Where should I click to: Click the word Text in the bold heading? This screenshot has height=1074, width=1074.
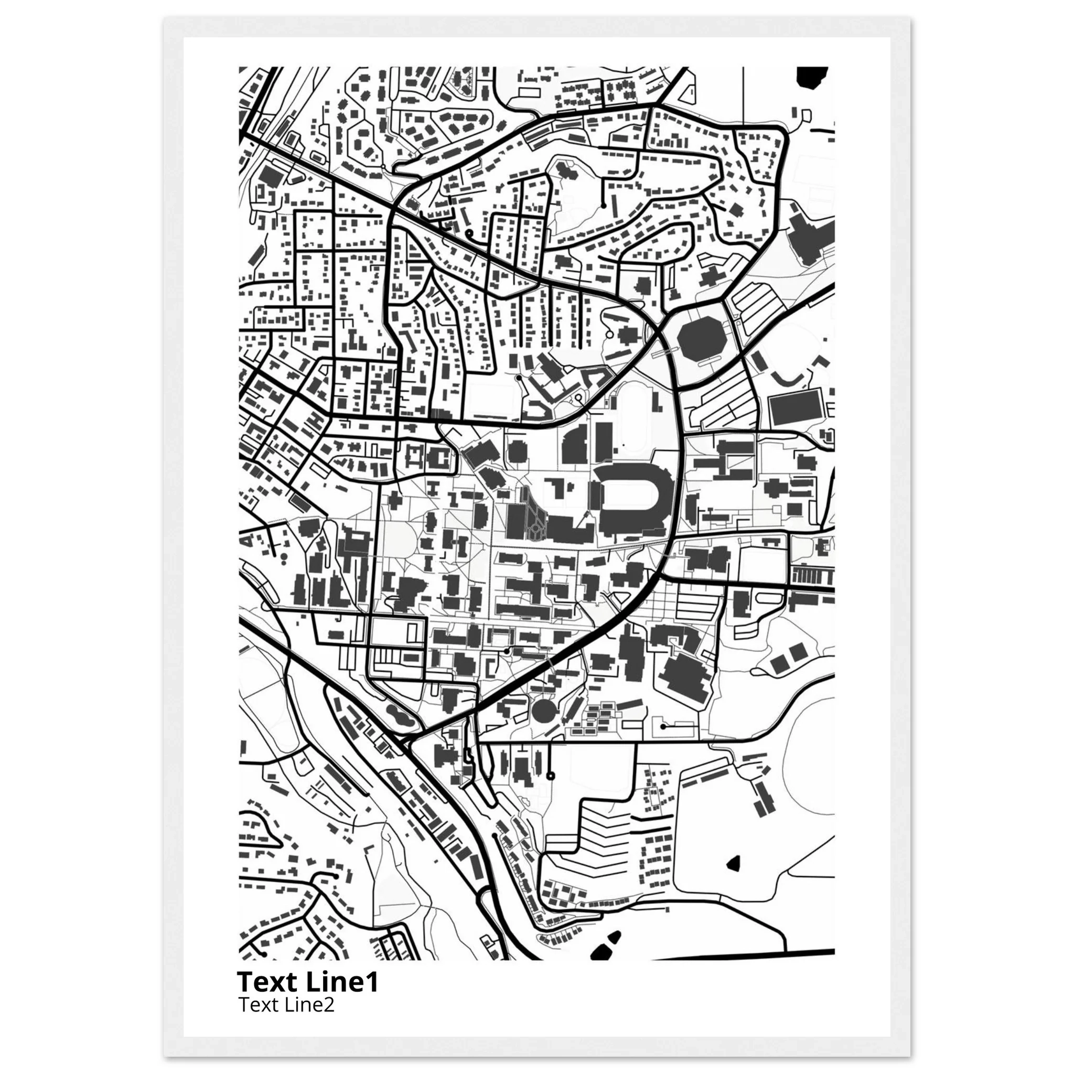(265, 982)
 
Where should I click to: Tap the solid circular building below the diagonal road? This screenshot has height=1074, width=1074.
(543, 711)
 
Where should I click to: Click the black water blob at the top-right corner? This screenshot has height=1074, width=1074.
(812, 77)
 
